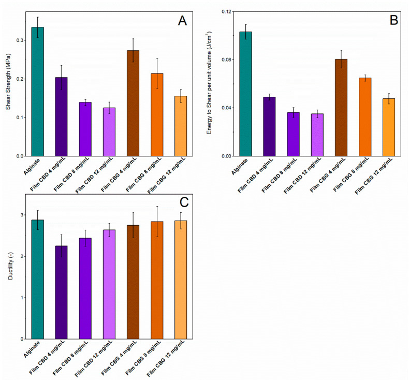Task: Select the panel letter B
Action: click(x=393, y=21)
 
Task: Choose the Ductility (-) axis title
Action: click(x=11, y=269)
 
